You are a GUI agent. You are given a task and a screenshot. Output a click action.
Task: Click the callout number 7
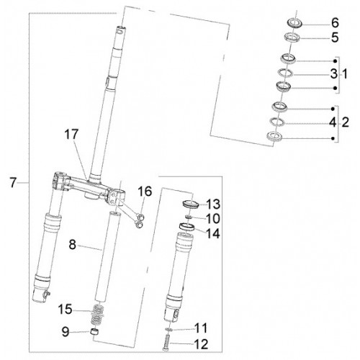(x=14, y=183)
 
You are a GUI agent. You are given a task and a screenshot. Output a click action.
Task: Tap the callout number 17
(x=71, y=134)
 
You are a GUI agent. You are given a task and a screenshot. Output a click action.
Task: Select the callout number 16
(x=145, y=192)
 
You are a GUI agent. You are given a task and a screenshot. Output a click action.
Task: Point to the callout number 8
(x=72, y=245)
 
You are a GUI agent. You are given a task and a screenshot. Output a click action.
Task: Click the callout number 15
(x=65, y=309)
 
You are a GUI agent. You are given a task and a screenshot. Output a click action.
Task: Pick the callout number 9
(x=66, y=331)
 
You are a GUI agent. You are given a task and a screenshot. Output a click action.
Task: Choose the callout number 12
(x=201, y=345)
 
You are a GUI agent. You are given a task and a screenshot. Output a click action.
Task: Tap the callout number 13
(x=213, y=204)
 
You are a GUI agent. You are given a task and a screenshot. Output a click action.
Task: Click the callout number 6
(x=335, y=23)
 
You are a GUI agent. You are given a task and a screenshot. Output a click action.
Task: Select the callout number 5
(x=335, y=37)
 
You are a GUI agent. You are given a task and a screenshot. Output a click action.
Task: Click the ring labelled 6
(x=294, y=23)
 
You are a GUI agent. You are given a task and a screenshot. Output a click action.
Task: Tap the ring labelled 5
(x=292, y=38)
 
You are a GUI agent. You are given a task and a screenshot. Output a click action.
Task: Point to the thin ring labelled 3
(x=285, y=73)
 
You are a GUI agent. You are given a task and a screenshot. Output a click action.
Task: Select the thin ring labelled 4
(x=277, y=122)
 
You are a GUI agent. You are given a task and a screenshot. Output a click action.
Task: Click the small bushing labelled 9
(x=94, y=333)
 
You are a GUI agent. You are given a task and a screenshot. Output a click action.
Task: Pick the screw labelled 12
(x=166, y=342)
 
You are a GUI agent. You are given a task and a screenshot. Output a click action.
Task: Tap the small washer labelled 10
(x=189, y=217)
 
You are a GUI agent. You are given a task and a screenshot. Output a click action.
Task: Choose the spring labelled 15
(x=97, y=315)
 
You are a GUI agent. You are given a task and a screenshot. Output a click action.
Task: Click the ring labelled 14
(x=187, y=227)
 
